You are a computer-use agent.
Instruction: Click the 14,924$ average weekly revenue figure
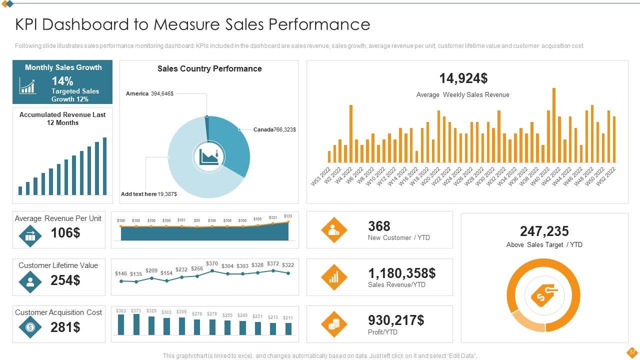pos(463,78)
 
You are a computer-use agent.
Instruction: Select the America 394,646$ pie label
pos(149,93)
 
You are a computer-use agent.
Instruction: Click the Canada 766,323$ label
pos(274,129)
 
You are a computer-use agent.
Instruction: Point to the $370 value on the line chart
pos(212,263)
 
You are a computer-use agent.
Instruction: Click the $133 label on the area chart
pos(288,216)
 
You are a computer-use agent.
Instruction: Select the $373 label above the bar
pos(136,311)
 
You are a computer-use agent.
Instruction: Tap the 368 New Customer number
pos(379,226)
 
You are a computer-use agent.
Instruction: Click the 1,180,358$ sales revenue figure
pos(401,273)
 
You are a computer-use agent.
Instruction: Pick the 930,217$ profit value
pos(396,320)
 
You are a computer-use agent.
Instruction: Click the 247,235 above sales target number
pos(544,231)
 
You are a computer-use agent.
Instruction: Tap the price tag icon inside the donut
pos(543,295)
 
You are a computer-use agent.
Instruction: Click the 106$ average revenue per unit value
pos(65,233)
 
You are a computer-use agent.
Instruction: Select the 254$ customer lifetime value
pos(65,280)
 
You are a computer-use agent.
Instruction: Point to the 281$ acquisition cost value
pos(65,327)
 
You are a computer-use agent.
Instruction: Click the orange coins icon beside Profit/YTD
pos(334,324)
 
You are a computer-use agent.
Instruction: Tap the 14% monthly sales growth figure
pos(62,81)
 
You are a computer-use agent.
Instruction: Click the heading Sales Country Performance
pos(209,69)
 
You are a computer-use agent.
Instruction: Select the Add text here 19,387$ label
pos(149,194)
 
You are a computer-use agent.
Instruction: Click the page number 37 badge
pos(632,352)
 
